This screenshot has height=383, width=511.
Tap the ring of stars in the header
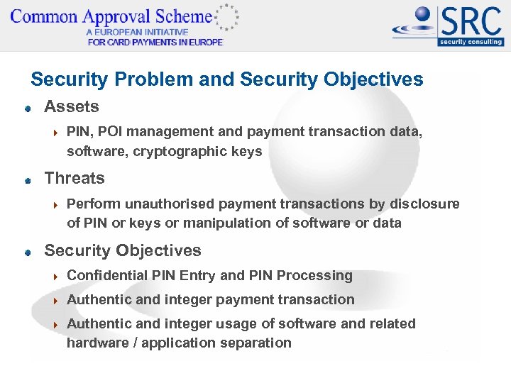226,16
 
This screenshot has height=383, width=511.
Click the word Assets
72,107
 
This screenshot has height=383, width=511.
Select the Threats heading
75,179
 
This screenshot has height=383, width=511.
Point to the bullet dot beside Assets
27,109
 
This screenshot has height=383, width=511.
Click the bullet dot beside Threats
27,181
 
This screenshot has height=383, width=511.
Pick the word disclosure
424,204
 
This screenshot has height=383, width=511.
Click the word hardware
95,343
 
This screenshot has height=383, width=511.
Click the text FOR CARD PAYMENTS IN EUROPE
155,42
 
